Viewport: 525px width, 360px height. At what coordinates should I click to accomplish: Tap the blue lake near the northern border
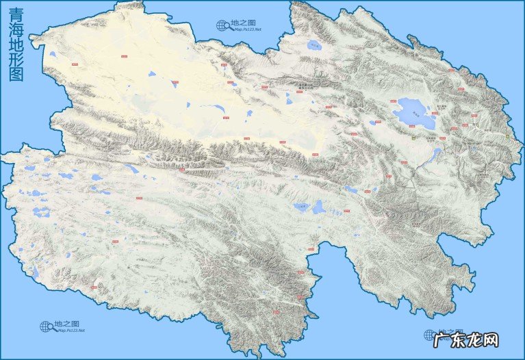click(314, 47)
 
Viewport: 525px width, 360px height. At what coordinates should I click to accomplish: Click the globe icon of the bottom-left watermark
click(47, 326)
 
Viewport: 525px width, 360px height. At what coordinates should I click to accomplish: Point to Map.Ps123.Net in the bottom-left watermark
click(71, 331)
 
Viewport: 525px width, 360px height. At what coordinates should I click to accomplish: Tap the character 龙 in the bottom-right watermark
click(490, 339)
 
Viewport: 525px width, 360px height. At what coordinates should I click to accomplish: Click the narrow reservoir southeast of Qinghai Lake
click(435, 156)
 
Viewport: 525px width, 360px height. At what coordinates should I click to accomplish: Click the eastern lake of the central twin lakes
click(318, 206)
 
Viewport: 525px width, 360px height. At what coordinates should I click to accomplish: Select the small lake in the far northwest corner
click(53, 55)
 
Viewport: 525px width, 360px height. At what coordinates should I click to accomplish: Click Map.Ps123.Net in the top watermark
click(246, 29)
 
